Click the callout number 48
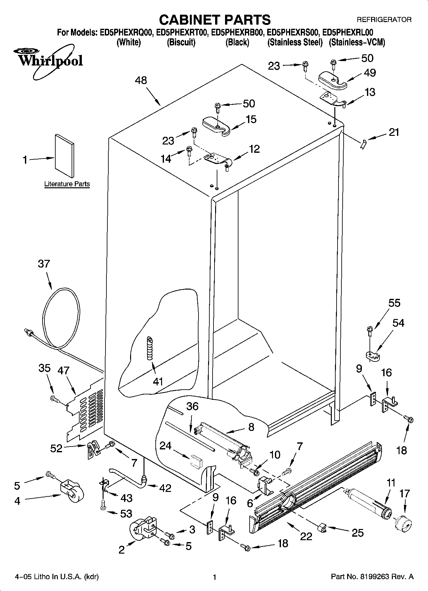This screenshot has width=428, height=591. click(x=141, y=80)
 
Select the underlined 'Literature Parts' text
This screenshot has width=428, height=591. click(x=67, y=184)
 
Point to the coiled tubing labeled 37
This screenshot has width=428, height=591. click(x=61, y=318)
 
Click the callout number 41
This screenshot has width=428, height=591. click(x=158, y=381)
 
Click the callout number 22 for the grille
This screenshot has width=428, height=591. click(x=306, y=536)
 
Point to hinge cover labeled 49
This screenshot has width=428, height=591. click(x=332, y=80)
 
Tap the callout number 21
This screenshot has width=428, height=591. click(x=394, y=132)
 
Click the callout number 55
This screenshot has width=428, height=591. click(x=394, y=303)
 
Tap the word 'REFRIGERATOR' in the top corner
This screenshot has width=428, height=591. click(x=384, y=20)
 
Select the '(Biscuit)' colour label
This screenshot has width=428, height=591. click(x=181, y=43)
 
